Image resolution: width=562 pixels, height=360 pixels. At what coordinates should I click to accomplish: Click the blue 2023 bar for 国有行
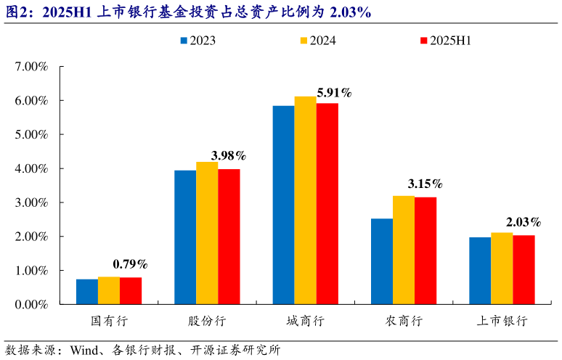click(x=87, y=292)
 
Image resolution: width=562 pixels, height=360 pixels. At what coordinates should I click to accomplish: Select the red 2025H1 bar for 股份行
click(x=229, y=237)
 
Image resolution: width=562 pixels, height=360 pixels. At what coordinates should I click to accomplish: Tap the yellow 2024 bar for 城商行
click(x=306, y=200)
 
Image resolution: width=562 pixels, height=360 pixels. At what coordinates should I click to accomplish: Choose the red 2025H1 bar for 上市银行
click(x=524, y=269)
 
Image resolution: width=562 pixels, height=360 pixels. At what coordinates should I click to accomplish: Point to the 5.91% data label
click(x=334, y=93)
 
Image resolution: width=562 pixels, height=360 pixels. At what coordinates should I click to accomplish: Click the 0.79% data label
click(x=130, y=263)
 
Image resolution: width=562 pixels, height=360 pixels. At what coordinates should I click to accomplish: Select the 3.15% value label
click(x=425, y=184)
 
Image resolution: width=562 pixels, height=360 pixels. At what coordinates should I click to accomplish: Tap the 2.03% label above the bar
click(x=524, y=222)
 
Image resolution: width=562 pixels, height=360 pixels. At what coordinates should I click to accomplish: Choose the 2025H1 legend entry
click(x=450, y=41)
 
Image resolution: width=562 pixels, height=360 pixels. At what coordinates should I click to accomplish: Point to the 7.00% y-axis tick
click(x=30, y=67)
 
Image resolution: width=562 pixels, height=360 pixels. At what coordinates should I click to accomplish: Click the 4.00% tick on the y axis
click(x=30, y=168)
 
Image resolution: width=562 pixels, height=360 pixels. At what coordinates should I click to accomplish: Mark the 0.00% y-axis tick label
click(x=30, y=305)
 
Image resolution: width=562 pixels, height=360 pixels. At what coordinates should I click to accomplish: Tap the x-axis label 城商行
click(x=305, y=321)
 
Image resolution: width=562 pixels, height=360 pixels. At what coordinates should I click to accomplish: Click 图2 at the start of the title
click(x=16, y=12)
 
